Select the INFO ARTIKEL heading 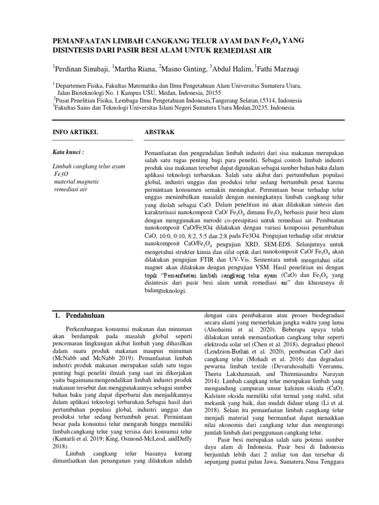[75, 133]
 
